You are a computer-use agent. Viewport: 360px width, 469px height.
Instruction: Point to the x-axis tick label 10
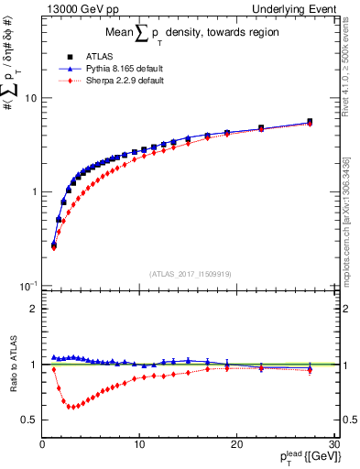(x=139, y=445)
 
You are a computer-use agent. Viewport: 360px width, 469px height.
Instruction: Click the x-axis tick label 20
(x=236, y=445)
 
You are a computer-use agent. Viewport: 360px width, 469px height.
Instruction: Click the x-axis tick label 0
(x=42, y=445)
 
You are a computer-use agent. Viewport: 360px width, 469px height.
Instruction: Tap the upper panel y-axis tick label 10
(x=27, y=98)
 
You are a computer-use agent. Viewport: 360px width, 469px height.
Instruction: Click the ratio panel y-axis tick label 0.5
(x=27, y=420)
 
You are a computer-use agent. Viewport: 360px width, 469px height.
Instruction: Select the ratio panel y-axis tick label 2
(x=30, y=309)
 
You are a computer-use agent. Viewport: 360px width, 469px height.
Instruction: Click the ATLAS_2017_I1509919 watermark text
(x=190, y=272)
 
